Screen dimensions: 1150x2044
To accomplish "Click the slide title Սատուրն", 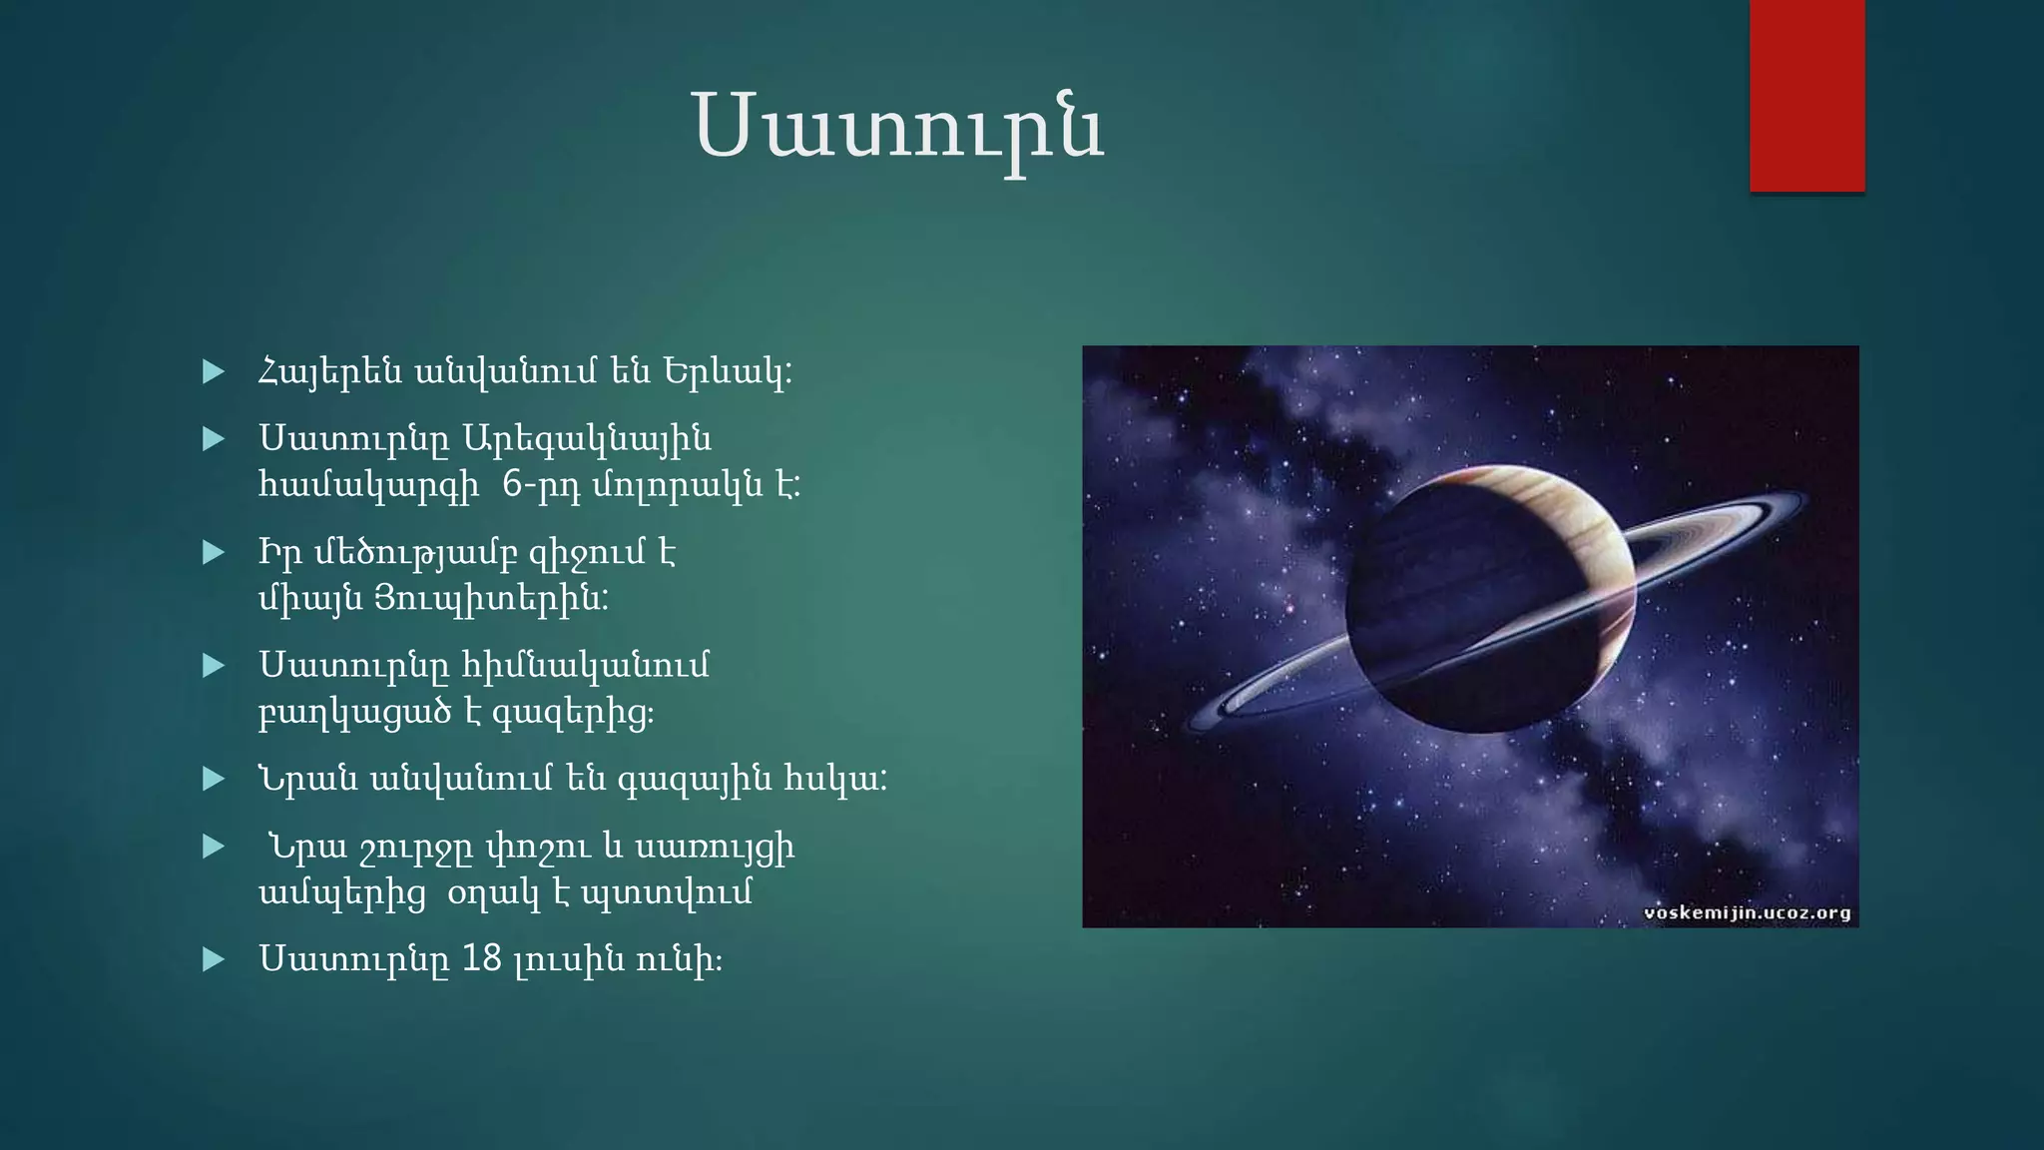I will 898,128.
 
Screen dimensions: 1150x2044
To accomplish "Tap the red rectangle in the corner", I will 1806,96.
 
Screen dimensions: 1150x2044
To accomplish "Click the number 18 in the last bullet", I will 482,958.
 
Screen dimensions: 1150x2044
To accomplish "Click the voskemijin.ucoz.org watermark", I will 1747,912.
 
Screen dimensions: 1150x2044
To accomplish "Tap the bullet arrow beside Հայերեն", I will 213,372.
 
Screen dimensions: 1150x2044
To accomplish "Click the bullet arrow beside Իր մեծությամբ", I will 213,552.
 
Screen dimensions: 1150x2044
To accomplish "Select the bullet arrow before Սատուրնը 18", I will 213,959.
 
